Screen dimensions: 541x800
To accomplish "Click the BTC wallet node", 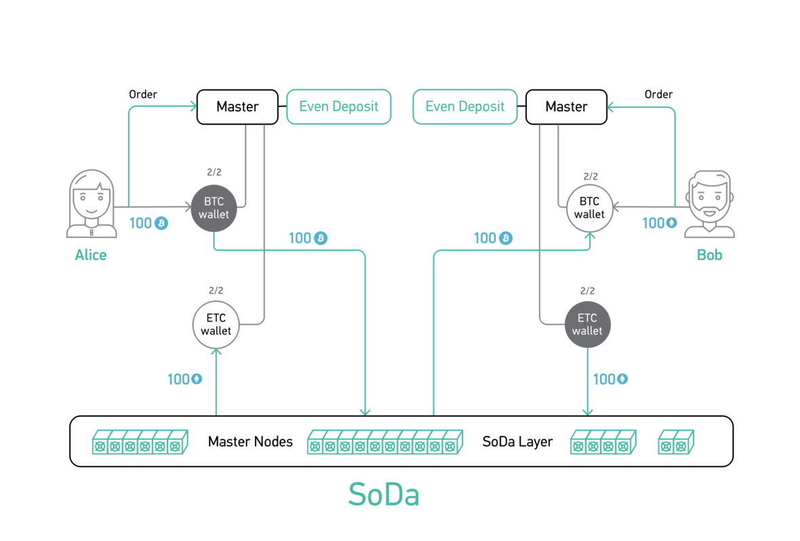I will point(214,207).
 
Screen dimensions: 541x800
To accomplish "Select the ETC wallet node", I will point(587,325).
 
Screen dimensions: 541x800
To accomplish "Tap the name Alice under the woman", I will point(91,256).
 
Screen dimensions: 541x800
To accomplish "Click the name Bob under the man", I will point(709,256).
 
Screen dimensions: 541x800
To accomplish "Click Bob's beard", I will point(709,210).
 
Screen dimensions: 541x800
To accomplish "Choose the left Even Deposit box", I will point(338,106).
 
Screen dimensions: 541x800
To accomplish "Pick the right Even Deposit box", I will point(465,106).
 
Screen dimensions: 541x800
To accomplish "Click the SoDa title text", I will point(384,494).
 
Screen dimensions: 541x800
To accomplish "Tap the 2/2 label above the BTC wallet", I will point(214,173).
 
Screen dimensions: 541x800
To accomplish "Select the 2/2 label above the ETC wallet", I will point(587,291).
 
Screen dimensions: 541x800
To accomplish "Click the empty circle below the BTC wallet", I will point(216,324).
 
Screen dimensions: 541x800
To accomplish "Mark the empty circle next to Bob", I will point(589,207).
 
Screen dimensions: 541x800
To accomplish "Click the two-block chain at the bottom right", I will point(676,442).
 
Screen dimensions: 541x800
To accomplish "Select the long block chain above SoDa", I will point(384,442).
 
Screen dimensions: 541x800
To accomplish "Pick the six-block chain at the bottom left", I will point(140,442).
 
